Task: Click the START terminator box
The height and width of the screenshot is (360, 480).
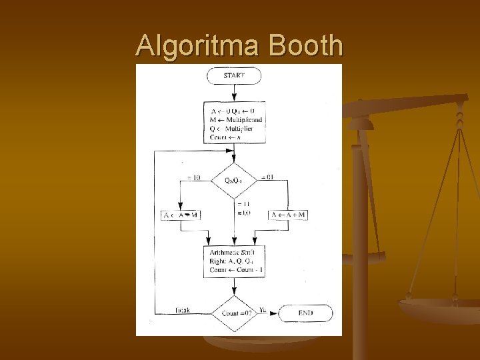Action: coord(234,75)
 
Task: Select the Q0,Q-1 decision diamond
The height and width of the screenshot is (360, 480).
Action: coord(234,179)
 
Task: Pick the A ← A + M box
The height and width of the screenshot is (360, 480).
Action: coord(289,215)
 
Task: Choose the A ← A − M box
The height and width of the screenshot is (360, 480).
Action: coord(181,215)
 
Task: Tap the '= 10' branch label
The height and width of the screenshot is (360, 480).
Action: coord(194,177)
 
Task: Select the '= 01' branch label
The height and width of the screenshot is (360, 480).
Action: coord(267,177)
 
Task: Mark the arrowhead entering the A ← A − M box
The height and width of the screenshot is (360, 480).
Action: coord(181,207)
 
